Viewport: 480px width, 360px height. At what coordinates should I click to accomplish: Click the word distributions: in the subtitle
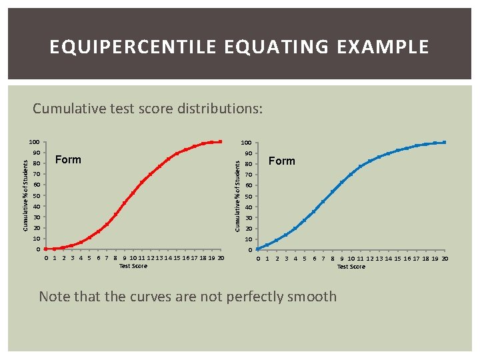[221, 108]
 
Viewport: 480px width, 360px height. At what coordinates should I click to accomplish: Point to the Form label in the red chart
[68, 160]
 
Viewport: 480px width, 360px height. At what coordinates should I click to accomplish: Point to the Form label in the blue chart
[281, 161]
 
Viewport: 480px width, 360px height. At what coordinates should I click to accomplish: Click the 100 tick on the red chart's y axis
[35, 142]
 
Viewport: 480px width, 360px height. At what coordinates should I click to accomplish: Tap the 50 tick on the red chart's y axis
[37, 196]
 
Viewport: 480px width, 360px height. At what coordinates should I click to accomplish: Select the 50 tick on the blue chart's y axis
[248, 197]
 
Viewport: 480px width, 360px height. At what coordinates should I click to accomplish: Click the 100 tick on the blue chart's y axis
[246, 143]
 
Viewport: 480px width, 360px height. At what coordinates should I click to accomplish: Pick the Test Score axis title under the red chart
[133, 266]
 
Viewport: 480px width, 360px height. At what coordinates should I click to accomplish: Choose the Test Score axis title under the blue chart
[351, 267]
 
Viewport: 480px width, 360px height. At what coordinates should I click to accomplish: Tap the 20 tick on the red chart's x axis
[221, 259]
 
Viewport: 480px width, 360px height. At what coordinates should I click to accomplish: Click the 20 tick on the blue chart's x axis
[444, 259]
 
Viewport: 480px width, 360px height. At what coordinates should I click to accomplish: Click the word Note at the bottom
[55, 297]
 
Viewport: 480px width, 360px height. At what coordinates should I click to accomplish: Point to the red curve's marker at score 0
[45, 249]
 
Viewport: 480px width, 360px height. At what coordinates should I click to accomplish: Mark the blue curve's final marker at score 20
[444, 142]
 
